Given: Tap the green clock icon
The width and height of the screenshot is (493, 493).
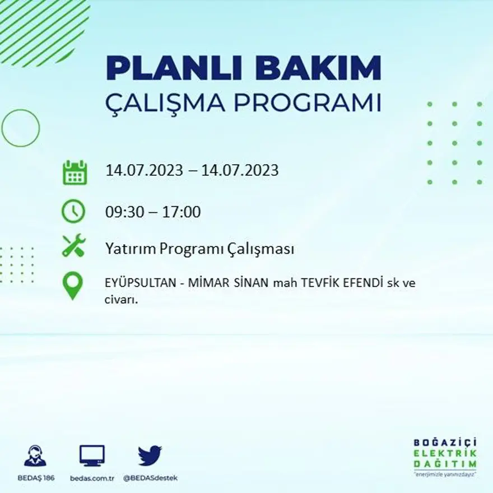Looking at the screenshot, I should point(73,212).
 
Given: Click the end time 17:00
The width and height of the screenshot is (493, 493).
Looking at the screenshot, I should point(182,212).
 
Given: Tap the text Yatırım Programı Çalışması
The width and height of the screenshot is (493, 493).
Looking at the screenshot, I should point(199,249).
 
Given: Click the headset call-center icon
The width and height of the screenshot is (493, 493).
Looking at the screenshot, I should point(35,455).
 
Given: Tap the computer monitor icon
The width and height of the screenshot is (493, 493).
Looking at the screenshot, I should point(92,455).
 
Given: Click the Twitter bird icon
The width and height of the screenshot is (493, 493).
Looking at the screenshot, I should point(150,455).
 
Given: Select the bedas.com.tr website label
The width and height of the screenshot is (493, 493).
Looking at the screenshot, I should point(92,478).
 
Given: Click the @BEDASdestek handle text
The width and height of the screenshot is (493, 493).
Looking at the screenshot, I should point(150,478).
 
